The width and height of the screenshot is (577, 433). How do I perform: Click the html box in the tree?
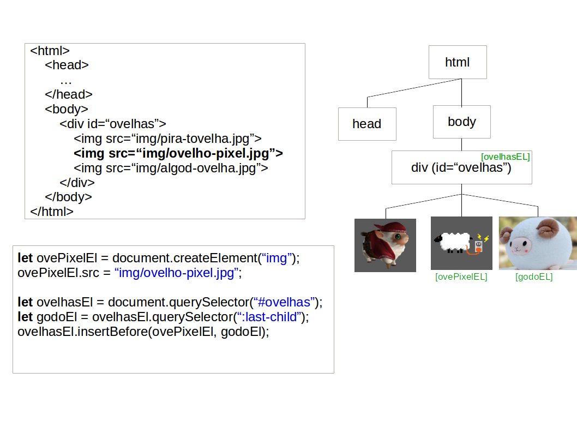click(x=457, y=62)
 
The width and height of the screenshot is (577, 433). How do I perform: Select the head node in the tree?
click(x=366, y=124)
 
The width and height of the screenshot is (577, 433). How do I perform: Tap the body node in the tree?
click(x=461, y=122)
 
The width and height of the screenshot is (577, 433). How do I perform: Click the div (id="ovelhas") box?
click(x=461, y=168)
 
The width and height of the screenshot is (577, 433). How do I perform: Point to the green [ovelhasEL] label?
click(x=505, y=157)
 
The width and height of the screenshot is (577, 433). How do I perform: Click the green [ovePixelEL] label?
click(x=461, y=277)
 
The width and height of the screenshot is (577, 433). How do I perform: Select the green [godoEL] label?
click(x=534, y=277)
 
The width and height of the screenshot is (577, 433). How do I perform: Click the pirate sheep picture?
click(x=385, y=245)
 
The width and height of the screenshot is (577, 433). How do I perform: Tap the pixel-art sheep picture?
click(x=461, y=243)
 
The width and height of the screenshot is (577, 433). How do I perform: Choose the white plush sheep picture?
click(x=537, y=243)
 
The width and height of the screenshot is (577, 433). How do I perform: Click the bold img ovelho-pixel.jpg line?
click(x=178, y=153)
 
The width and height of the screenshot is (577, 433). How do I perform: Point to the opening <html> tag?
click(x=50, y=51)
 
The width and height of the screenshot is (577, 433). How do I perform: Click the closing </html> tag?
click(x=52, y=211)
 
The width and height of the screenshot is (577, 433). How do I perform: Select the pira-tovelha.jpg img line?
click(x=167, y=139)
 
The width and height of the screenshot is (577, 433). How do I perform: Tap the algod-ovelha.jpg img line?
click(x=171, y=168)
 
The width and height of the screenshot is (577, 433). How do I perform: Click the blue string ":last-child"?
click(x=268, y=317)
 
